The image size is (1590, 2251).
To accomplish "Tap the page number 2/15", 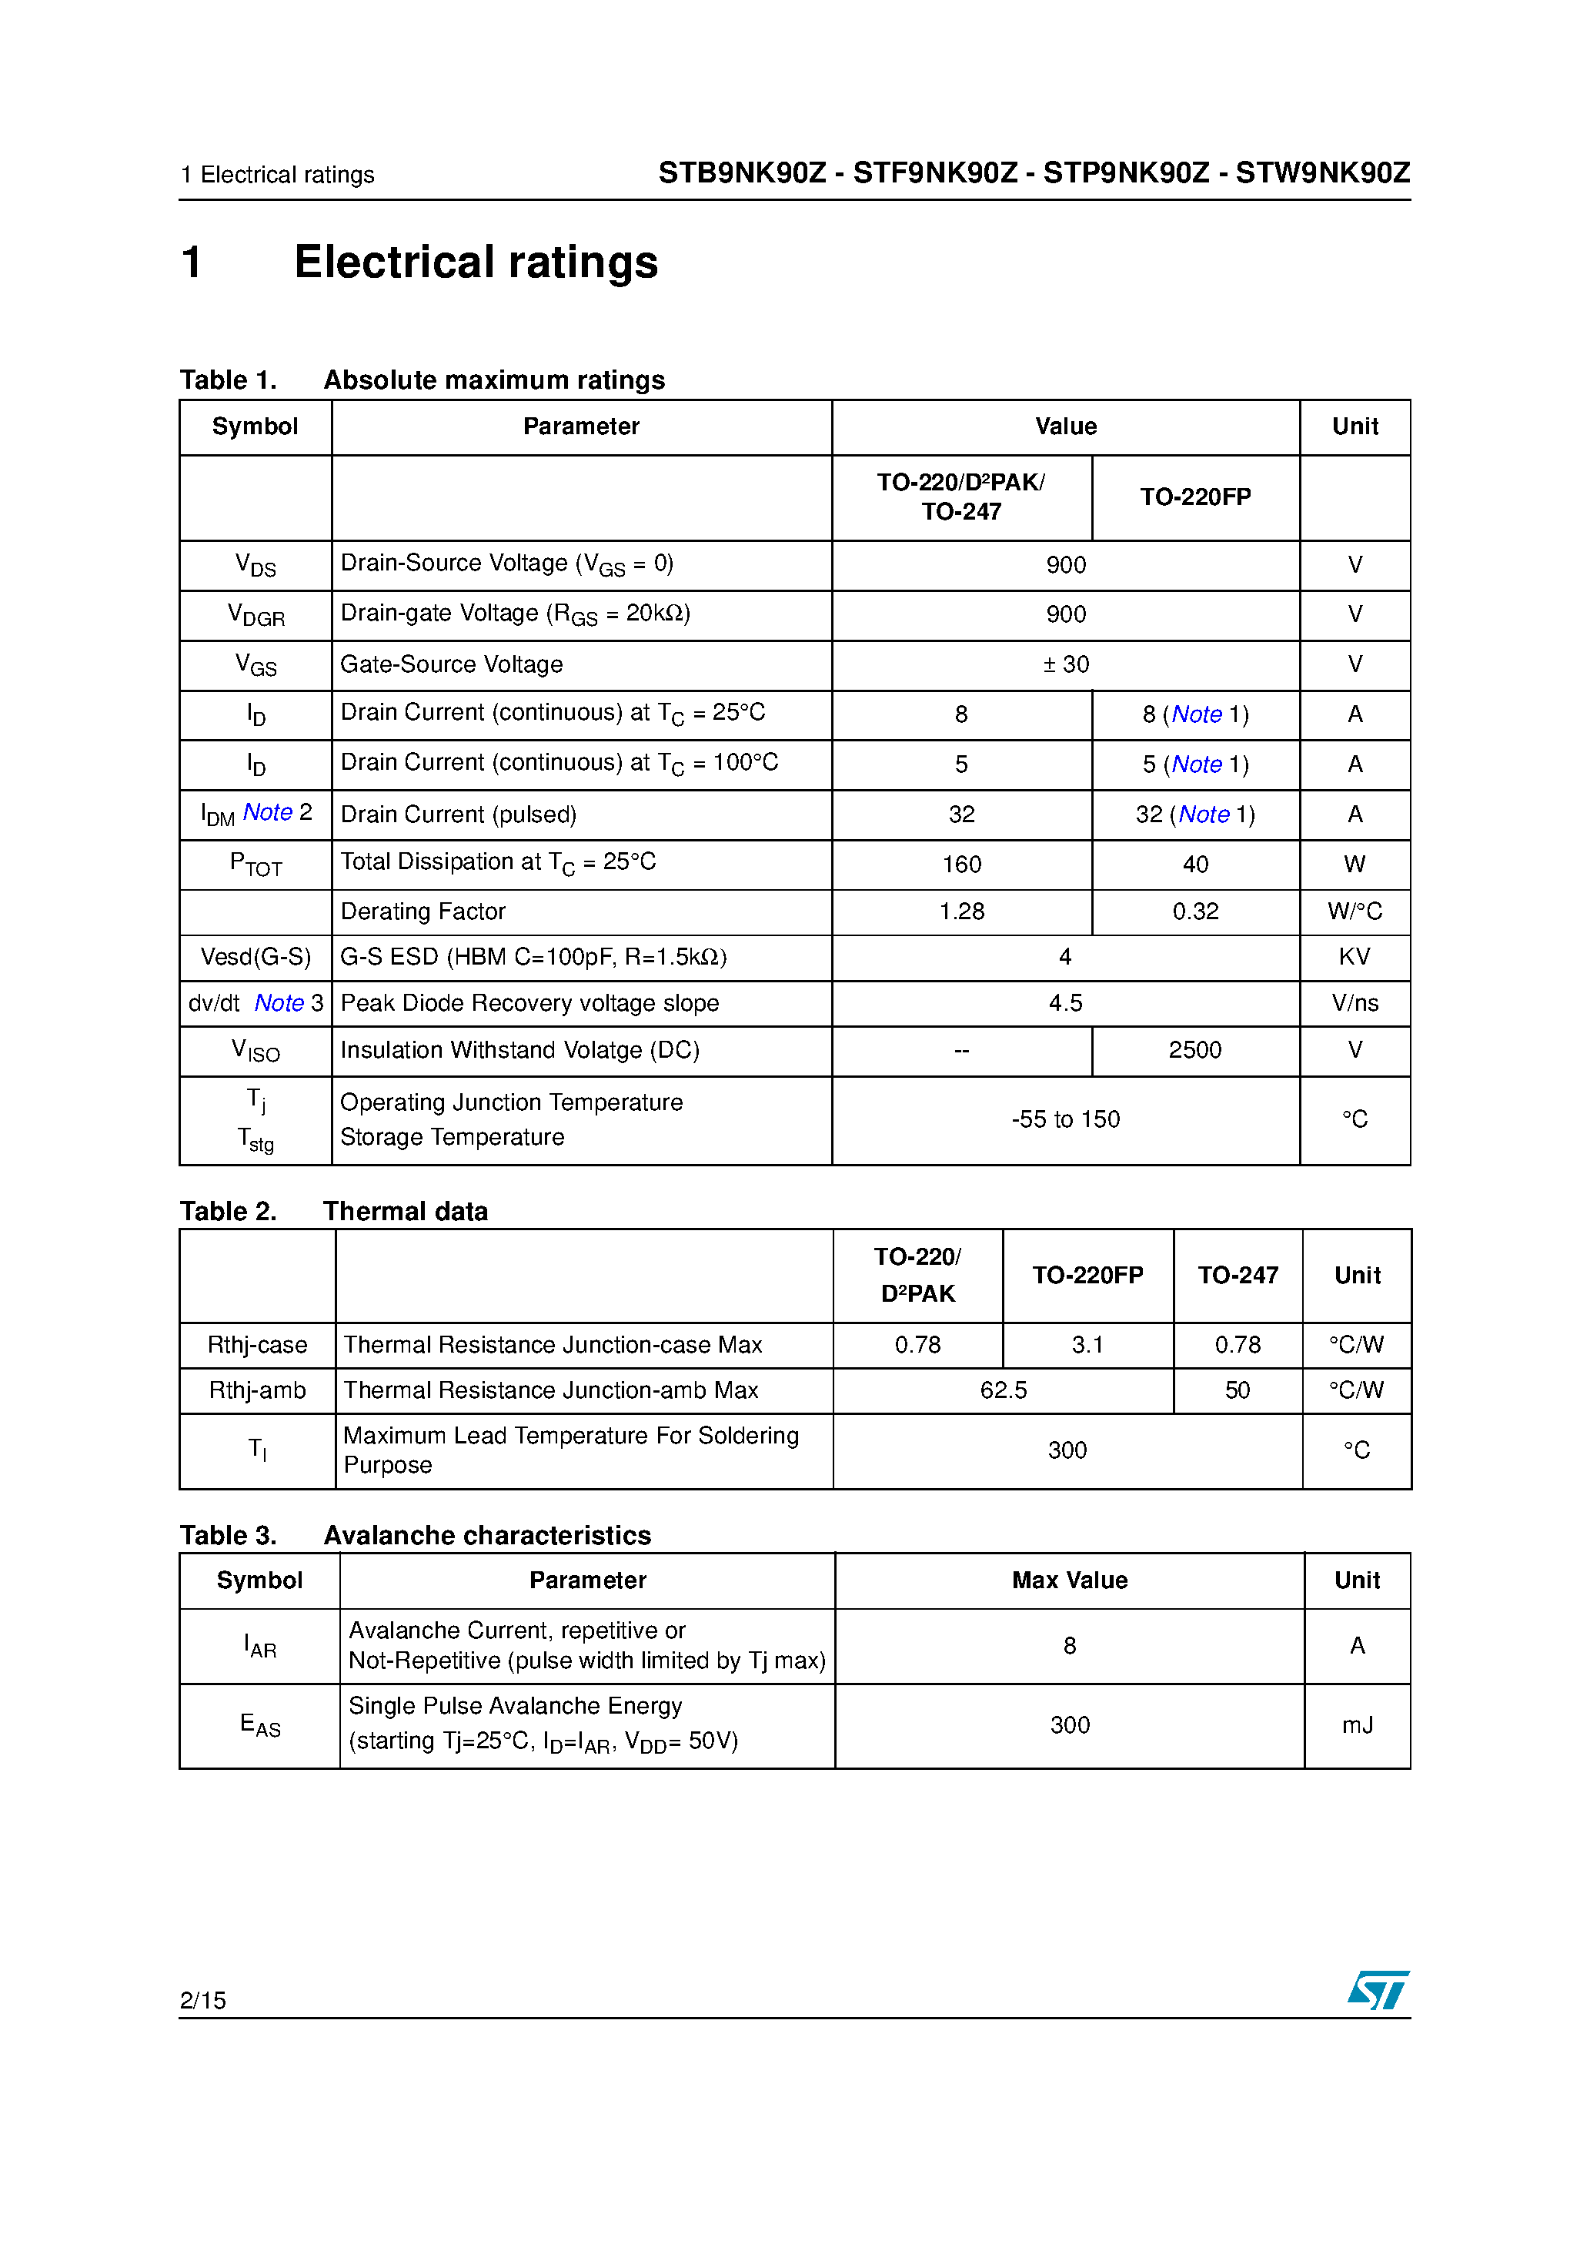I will (203, 2000).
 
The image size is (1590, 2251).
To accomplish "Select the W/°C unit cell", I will (1354, 911).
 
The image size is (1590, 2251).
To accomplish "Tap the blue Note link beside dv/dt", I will (279, 1003).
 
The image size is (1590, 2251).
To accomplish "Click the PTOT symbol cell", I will (256, 865).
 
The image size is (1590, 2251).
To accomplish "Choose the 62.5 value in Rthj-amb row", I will (1003, 1390).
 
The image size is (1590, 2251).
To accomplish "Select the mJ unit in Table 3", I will (1357, 1724).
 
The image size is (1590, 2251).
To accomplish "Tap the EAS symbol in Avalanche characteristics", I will (260, 1724).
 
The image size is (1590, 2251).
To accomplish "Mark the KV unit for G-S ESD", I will (1354, 957).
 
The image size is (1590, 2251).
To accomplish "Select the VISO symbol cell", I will (256, 1051).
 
